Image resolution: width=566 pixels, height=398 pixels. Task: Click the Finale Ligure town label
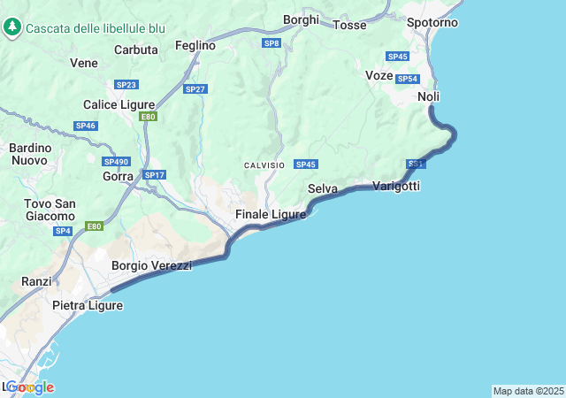point(271,215)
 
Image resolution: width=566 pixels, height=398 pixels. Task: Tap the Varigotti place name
point(396,186)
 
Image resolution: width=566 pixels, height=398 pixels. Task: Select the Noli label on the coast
point(429,96)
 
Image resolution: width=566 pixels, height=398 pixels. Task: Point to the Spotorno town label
point(432,22)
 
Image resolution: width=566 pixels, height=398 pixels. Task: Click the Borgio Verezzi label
point(151,265)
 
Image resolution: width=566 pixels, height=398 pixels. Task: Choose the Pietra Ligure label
point(88,306)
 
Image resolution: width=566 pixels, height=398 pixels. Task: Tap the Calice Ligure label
point(119,104)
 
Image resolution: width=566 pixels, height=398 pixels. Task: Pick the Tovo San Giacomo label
point(50,210)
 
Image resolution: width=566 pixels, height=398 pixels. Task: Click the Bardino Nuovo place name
point(30,154)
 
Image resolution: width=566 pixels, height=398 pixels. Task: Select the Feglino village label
point(195,45)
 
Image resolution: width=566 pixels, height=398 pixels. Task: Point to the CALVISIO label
point(264,165)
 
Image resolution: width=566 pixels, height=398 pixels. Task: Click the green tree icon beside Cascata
point(12,27)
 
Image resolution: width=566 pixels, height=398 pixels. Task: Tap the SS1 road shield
point(417,165)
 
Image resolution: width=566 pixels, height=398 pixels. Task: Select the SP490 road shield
point(116,162)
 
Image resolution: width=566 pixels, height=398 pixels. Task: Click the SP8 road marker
point(272,42)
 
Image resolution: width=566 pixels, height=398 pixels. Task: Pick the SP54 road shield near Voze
point(407,79)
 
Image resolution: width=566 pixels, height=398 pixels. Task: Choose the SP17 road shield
point(154,175)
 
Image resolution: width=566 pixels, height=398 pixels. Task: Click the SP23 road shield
point(126,85)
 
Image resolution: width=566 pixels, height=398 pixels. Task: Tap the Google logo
point(29,387)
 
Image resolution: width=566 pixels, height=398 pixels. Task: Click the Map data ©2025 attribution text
point(528,391)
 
